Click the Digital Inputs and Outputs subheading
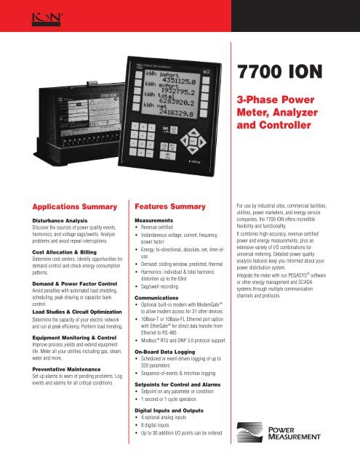(x=169, y=429)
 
